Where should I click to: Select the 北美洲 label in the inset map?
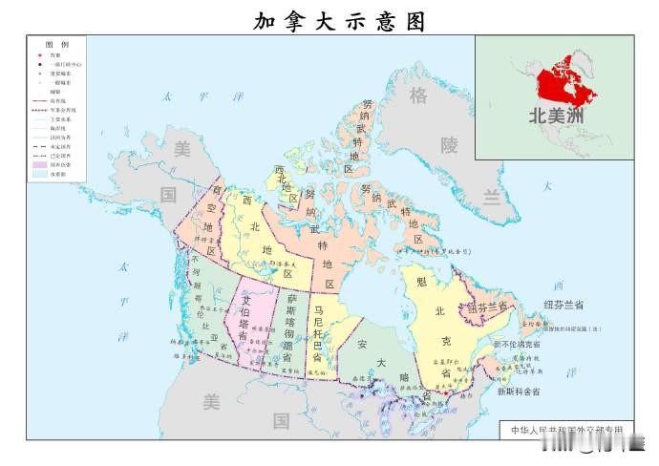pos(557,116)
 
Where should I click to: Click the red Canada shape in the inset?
pos(563,81)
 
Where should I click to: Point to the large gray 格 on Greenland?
pos(418,96)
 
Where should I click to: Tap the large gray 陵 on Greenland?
pos(449,145)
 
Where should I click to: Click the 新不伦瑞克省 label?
pos(516,344)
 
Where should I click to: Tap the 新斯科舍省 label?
pos(518,392)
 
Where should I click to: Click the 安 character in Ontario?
pos(362,343)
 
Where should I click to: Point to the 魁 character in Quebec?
pos(420,282)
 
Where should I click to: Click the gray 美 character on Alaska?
pos(181,148)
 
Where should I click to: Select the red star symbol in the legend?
pos(40,55)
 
